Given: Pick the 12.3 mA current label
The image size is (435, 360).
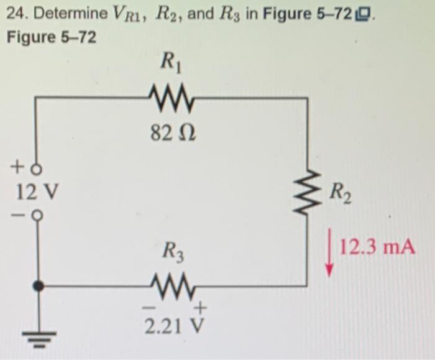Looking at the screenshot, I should click(x=377, y=247).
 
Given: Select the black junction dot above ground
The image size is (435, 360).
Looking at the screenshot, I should click(x=38, y=286).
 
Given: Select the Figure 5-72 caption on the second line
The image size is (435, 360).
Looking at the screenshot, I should click(x=52, y=37).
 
